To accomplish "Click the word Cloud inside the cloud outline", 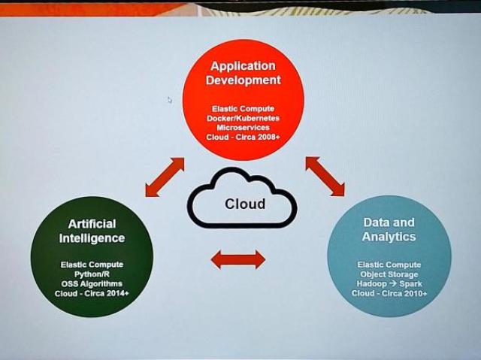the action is click(245, 204).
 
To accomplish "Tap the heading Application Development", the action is click(244, 73).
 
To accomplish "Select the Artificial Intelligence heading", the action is click(92, 231).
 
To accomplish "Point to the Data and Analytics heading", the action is click(389, 229).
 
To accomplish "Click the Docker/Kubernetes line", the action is click(243, 118).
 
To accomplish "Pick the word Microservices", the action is click(244, 128).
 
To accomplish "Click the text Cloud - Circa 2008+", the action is click(243, 137).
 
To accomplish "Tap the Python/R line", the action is click(92, 274).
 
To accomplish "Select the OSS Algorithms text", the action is click(92, 283).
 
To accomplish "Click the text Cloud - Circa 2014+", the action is click(92, 293).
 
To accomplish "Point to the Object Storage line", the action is click(389, 274).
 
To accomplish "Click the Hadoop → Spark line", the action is click(389, 283).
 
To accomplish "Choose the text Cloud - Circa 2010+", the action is click(389, 293).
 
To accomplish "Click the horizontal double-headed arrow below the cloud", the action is click(238, 260).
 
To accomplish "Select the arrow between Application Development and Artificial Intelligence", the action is click(165, 177).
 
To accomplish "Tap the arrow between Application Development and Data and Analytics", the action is click(325, 177).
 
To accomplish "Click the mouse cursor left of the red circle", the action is click(170, 100).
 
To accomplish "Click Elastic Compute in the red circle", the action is click(243, 108).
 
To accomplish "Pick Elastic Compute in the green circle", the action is click(92, 265).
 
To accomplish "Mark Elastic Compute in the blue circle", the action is click(389, 265).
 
